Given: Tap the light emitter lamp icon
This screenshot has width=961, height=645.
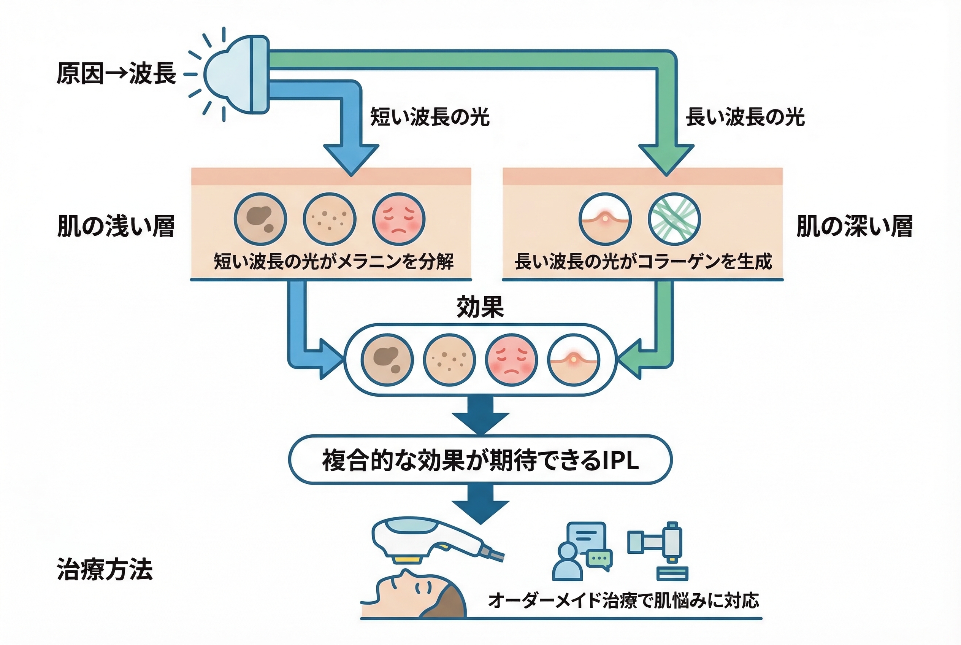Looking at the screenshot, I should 236,75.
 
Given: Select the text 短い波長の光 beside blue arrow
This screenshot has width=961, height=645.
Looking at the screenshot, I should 430,116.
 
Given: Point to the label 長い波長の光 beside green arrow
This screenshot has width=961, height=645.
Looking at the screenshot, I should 745,116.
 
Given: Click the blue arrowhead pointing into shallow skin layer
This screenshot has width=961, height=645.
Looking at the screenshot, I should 351,158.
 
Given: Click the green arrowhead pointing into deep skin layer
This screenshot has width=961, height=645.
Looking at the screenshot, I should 666,158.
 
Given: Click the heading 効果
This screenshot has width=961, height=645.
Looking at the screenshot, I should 480,307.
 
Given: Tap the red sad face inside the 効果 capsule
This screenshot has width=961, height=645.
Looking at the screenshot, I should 511,360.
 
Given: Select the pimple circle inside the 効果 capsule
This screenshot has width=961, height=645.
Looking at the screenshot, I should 573,360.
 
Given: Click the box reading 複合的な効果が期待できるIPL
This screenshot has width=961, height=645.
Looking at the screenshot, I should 480,460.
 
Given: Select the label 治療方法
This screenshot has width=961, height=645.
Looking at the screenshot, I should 105,569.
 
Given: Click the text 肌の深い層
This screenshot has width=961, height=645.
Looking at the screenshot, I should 855,226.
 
